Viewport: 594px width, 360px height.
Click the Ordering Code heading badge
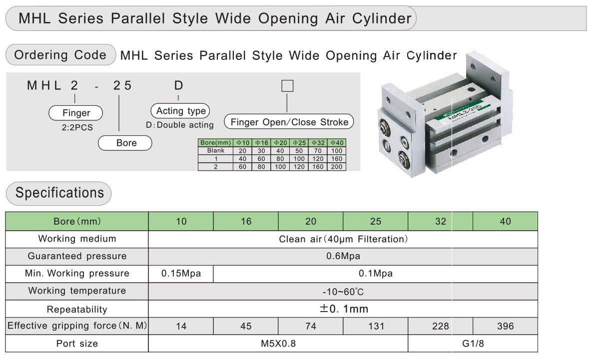60,55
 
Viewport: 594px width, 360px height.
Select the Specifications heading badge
59,193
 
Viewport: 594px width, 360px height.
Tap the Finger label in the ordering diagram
76,113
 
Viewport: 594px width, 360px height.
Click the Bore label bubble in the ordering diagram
125,143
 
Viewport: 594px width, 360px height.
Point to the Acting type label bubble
180,111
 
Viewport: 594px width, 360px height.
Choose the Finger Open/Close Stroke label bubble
289,122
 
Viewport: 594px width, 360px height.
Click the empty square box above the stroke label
288,86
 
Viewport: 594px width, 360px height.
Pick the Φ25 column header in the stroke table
299,143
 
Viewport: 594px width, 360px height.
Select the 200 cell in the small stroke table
336,167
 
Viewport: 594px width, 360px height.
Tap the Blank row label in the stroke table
215,151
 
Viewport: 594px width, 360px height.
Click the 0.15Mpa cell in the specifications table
181,274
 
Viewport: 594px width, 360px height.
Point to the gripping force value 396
506,327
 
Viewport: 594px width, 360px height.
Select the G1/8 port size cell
473,344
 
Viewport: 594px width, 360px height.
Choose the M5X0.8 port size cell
278,344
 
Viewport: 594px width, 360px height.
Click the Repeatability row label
77,309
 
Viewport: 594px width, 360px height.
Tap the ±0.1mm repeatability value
343,309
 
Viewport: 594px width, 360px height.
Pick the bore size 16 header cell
246,222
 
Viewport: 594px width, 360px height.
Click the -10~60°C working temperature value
343,292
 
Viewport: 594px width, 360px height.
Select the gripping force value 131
376,327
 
